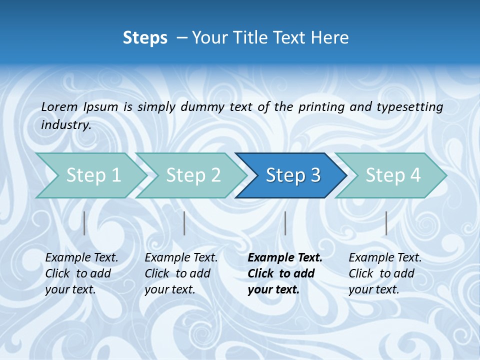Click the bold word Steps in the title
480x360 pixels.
point(145,37)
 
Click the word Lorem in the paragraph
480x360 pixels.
point(59,106)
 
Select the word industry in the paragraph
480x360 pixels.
point(65,125)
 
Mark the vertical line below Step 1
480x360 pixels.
point(84,223)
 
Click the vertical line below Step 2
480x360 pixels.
point(184,223)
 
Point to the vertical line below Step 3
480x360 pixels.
point(285,223)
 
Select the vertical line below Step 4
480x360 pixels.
point(386,223)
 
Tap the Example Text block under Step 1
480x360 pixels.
point(81,273)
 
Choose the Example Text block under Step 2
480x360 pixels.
point(181,273)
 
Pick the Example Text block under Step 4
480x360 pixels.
point(385,273)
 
